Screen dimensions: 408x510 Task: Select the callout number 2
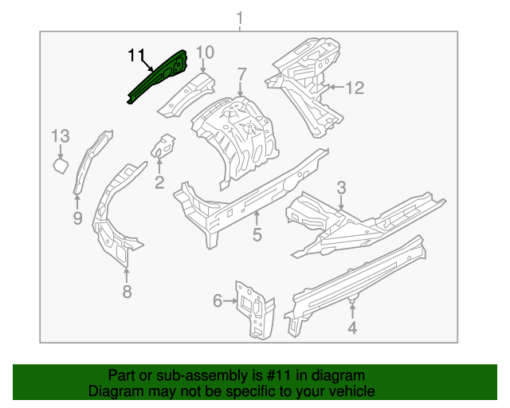159,184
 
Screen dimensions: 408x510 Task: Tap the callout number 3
341,188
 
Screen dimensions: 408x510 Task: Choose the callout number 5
257,234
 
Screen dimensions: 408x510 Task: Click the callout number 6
218,300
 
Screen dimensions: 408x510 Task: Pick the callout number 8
127,292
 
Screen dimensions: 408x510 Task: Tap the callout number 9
77,218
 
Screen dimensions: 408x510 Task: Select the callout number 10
205,53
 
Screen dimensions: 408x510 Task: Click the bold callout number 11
137,55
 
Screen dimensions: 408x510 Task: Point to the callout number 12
354,88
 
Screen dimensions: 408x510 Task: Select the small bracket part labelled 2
164,146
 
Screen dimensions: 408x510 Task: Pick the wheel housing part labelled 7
237,135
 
